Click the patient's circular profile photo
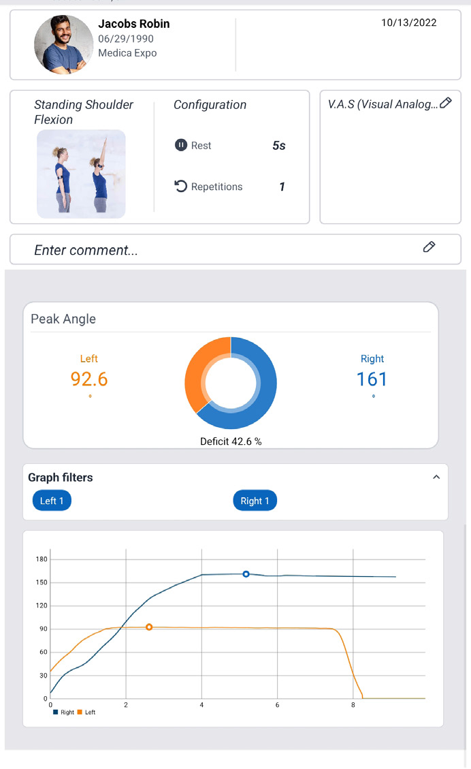[x=64, y=44]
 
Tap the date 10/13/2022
[x=408, y=22]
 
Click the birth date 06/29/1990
[x=126, y=39]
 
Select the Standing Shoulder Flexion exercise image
[x=81, y=174]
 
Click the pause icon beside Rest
[x=180, y=145]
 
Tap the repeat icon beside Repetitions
[x=180, y=187]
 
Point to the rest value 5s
[x=278, y=146]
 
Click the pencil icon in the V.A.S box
[x=446, y=103]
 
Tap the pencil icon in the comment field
[x=429, y=247]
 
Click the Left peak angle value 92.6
[x=89, y=379]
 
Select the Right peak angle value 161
[x=372, y=379]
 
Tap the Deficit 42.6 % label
[x=231, y=441]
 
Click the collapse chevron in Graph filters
[x=436, y=477]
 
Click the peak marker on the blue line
[x=246, y=574]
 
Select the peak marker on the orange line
[x=149, y=627]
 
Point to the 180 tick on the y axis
[x=41, y=559]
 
